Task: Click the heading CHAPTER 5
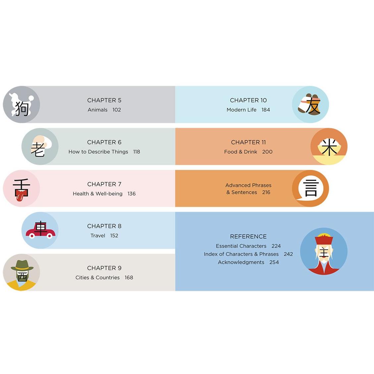pos(104,100)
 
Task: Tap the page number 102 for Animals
pos(117,110)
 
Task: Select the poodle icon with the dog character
pos(22,104)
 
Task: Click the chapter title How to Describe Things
pos(98,152)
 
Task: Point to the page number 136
pos(132,194)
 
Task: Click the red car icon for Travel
pos(40,230)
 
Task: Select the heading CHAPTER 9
pos(104,268)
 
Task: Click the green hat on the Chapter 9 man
pos(22,265)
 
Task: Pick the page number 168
pos(129,278)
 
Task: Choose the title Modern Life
pos(241,110)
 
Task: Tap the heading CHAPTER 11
pos(248,142)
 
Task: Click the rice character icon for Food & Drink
pos(329,146)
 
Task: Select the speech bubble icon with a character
pos(310,188)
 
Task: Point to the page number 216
pos(266,192)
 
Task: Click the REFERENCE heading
pos(248,237)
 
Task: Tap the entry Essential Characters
pos(241,246)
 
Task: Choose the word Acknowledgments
pos(241,262)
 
